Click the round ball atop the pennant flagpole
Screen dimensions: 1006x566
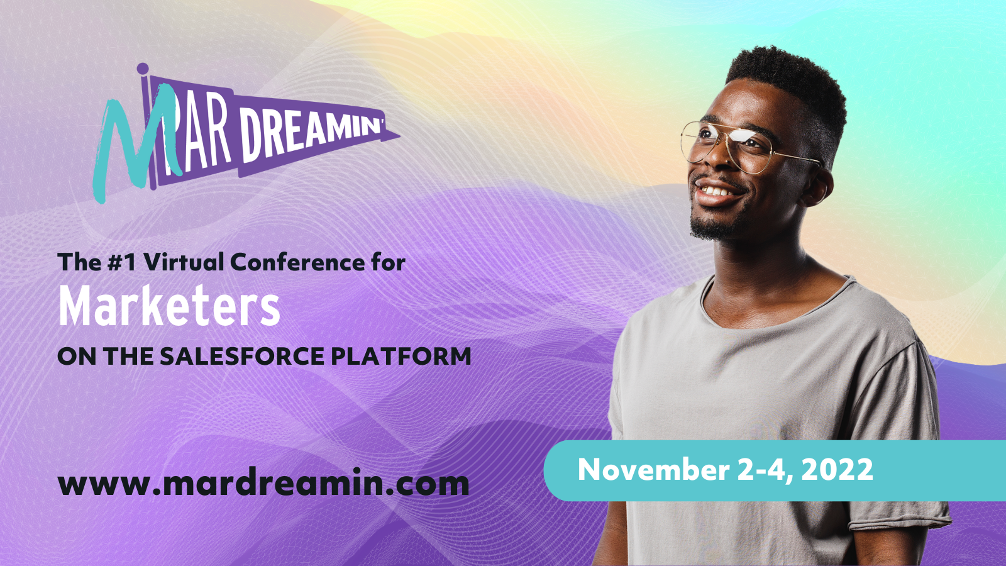(143, 69)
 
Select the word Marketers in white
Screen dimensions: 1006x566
(170, 306)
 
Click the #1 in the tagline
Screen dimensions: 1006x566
(122, 262)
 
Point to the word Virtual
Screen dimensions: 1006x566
(184, 262)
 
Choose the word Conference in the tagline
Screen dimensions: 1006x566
(298, 262)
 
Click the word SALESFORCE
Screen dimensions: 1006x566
(242, 356)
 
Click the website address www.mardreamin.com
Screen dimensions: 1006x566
(263, 484)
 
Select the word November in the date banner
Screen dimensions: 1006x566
(653, 470)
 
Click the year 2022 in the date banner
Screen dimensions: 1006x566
(837, 470)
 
